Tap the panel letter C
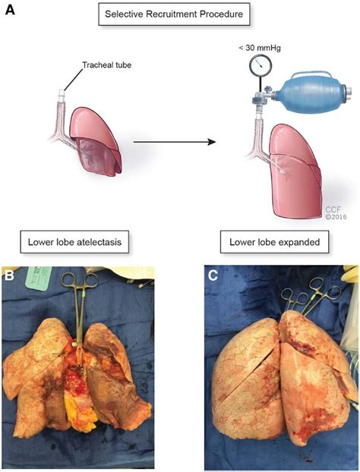(215, 274)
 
